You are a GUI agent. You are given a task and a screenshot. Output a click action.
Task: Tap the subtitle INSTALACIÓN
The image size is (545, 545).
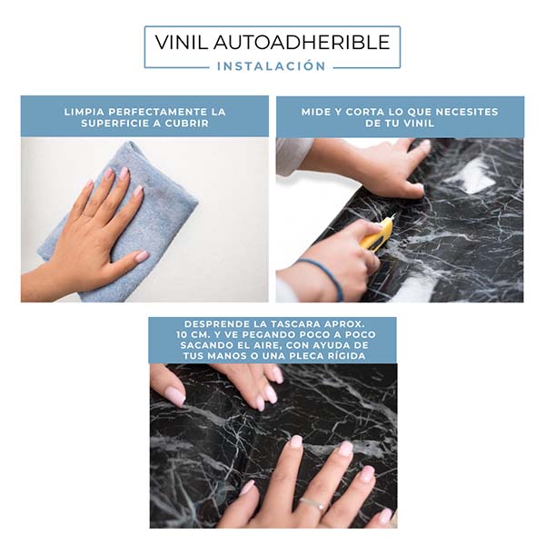[x=272, y=65]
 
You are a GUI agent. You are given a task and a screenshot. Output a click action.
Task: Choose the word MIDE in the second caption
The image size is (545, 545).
[x=317, y=112]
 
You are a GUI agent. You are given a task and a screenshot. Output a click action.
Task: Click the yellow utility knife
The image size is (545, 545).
[x=375, y=235]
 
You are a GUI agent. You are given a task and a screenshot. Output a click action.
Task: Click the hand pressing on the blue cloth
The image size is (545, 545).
[x=91, y=227]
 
